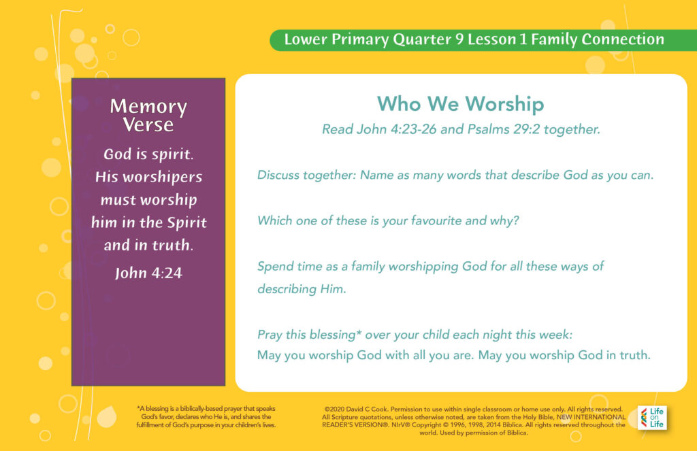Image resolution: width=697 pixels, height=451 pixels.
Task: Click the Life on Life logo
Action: (x=652, y=418)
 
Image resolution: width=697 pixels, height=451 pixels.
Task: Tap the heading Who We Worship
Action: (x=461, y=104)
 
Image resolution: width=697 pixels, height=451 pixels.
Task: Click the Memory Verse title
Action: (x=148, y=115)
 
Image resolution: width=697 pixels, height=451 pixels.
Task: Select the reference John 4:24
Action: (x=148, y=273)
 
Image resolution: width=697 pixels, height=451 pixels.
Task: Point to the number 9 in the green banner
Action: (x=459, y=39)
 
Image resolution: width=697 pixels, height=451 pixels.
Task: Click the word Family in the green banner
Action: (x=554, y=39)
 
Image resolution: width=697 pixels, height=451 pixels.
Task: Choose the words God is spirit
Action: (x=148, y=154)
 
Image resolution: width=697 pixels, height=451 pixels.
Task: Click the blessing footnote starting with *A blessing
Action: (x=206, y=417)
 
